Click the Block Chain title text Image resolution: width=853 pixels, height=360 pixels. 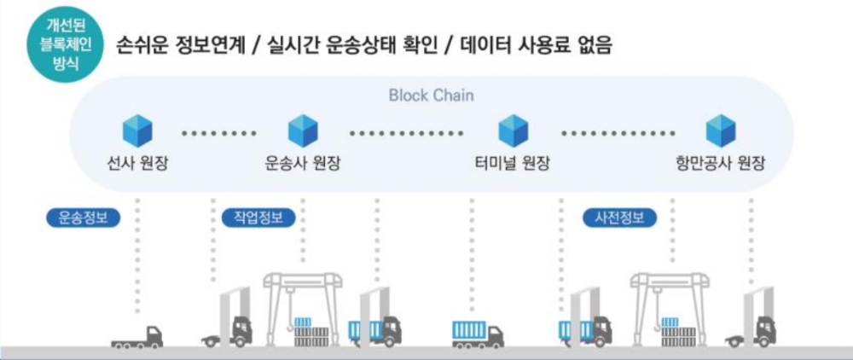431,95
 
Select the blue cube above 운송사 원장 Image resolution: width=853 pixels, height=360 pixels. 303,131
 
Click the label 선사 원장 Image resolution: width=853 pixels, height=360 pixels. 137,163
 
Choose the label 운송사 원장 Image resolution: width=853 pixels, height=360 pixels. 303,163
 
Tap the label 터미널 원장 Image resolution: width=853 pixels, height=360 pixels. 513,163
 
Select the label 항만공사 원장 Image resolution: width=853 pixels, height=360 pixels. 718,163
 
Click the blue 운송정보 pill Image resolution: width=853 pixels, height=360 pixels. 83,218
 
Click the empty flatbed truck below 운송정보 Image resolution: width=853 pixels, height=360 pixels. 137,336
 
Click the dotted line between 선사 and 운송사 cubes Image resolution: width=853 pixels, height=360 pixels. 219,133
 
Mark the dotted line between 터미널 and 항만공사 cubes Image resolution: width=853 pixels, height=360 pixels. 615,133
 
